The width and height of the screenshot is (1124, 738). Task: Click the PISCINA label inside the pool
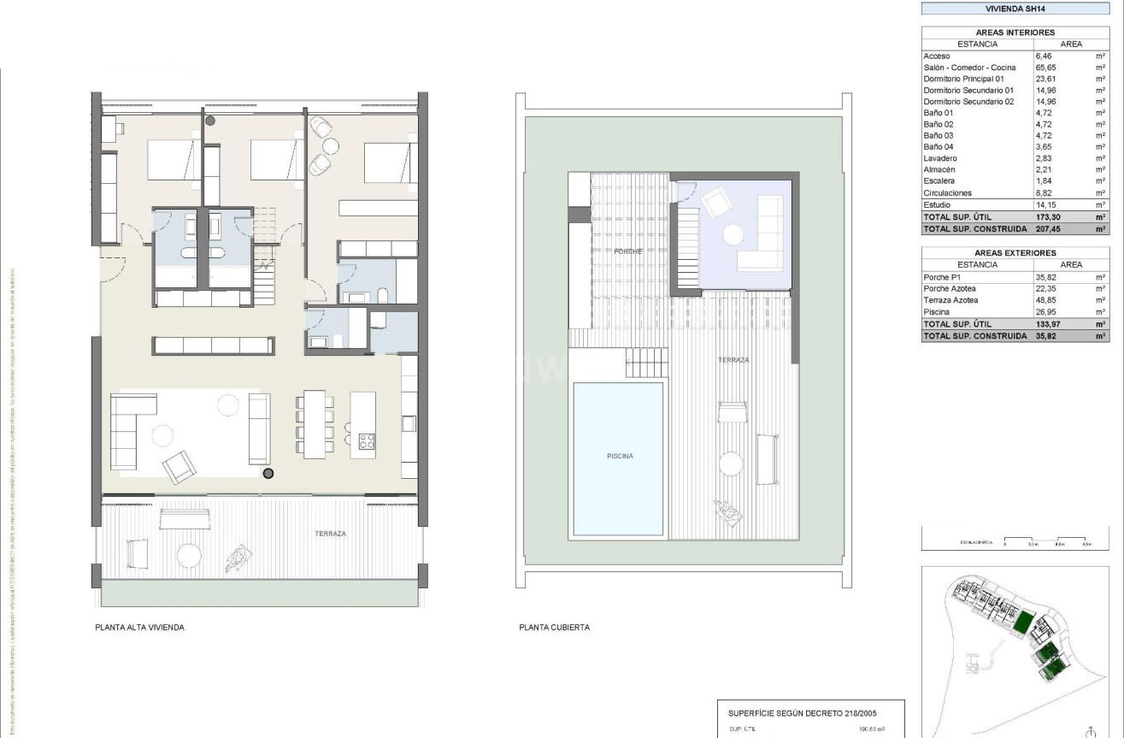click(x=620, y=457)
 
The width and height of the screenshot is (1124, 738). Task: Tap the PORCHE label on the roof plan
click(x=628, y=251)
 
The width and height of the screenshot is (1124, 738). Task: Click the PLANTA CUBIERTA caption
click(x=554, y=628)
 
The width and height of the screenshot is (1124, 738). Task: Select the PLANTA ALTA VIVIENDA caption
click(x=139, y=628)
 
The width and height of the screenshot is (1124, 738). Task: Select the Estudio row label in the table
click(x=938, y=205)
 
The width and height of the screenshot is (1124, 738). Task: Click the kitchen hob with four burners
click(x=367, y=441)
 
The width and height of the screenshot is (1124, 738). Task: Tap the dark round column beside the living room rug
click(x=268, y=474)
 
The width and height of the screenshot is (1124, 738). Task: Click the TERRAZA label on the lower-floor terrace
click(x=330, y=534)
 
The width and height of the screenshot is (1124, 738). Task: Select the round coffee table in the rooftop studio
click(x=733, y=233)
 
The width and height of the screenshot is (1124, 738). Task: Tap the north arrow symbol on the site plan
click(x=1089, y=730)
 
